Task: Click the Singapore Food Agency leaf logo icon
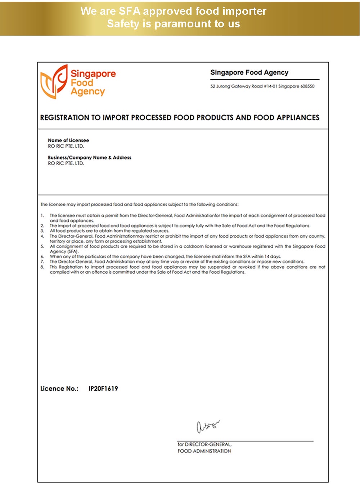click(x=54, y=82)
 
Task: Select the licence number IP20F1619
click(x=103, y=389)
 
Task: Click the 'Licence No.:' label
click(x=59, y=389)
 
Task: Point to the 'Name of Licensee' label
click(x=68, y=140)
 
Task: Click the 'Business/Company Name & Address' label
click(x=90, y=157)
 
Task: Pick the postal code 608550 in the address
click(x=307, y=86)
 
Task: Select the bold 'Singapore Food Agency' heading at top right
click(x=249, y=72)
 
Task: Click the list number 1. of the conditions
click(x=42, y=216)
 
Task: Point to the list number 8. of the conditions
click(x=42, y=267)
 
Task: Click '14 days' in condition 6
click(x=273, y=257)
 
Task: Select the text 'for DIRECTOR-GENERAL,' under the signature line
click(x=204, y=444)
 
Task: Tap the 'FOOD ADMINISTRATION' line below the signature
click(x=204, y=451)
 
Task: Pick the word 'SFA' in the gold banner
click(x=130, y=11)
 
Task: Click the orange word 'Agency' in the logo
click(x=87, y=92)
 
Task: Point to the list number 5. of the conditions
click(x=42, y=247)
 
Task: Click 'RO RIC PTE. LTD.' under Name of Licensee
click(x=66, y=146)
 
